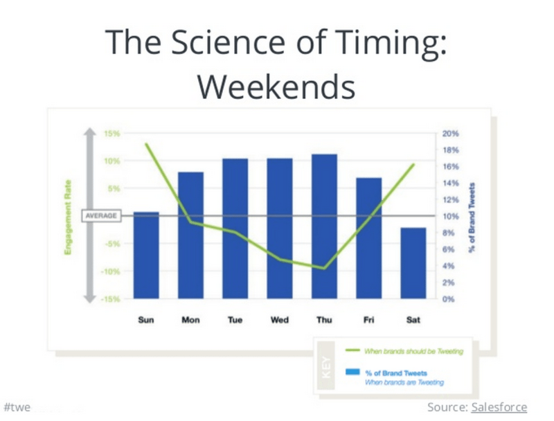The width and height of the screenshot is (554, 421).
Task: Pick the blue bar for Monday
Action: click(x=190, y=235)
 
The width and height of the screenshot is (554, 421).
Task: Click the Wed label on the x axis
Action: click(x=280, y=320)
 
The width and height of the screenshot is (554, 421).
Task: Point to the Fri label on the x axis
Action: click(x=368, y=320)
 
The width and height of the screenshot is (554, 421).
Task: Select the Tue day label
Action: click(x=235, y=320)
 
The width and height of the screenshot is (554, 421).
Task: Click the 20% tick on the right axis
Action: click(x=451, y=133)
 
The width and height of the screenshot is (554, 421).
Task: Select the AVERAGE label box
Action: click(x=101, y=216)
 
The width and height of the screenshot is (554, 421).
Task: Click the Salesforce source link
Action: click(x=499, y=406)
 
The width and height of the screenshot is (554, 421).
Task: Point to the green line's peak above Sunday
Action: click(x=146, y=144)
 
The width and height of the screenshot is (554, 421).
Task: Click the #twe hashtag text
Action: click(x=17, y=406)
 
